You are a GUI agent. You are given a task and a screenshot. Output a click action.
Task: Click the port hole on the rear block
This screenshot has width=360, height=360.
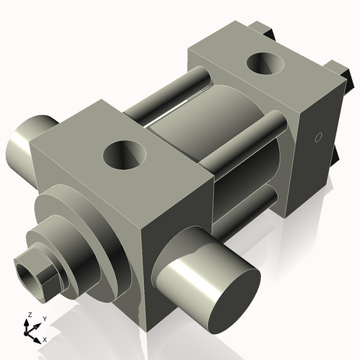(266, 65)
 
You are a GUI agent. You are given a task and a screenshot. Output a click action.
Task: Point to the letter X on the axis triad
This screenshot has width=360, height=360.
(45, 338)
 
